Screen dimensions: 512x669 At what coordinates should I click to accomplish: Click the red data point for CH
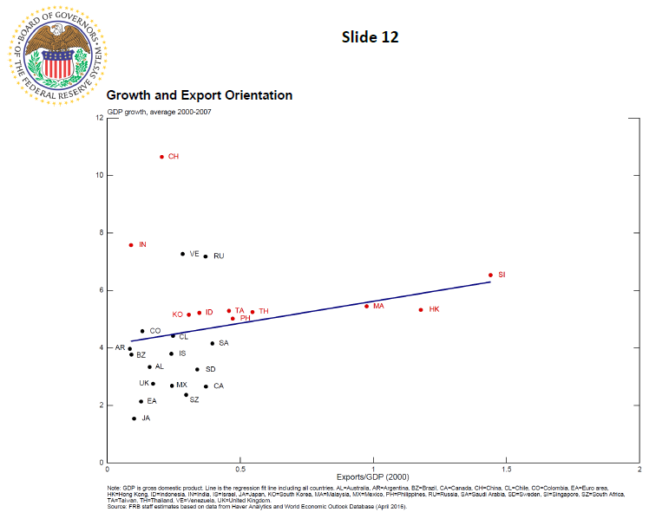pos(161,157)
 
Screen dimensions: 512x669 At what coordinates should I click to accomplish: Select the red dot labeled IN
pos(131,245)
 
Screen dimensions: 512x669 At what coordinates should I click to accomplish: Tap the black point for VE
pos(182,254)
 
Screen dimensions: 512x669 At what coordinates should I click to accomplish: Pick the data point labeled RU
pos(206,256)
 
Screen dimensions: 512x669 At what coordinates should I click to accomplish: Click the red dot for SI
pos(490,275)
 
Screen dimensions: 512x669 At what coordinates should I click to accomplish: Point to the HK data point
pos(421,309)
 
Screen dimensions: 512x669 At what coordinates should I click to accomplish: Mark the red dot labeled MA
pos(366,306)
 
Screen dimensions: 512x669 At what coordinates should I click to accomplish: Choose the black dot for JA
pos(134,418)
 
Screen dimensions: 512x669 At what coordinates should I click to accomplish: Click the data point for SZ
pos(186,395)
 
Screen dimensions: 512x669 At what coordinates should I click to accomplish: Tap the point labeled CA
pos(206,386)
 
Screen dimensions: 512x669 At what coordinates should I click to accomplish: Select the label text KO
pos(177,314)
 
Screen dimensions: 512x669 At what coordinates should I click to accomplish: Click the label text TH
pos(264,312)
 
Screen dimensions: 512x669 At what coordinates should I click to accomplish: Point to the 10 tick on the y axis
pos(100,175)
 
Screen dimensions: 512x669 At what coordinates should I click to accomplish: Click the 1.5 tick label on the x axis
pos(506,470)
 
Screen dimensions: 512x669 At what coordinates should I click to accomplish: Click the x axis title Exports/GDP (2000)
pos(372,477)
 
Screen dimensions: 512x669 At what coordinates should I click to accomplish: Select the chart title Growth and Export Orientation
pos(199,95)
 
